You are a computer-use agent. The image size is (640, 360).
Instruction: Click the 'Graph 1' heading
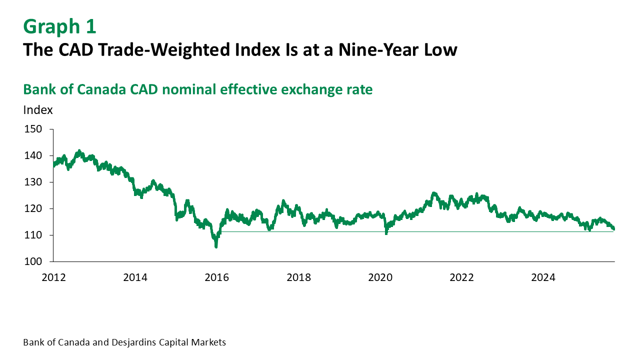(59, 26)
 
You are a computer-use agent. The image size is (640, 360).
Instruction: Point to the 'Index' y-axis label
(38, 110)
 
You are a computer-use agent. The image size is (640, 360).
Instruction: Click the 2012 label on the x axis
(53, 276)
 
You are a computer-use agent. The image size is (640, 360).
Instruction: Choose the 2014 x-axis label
(135, 276)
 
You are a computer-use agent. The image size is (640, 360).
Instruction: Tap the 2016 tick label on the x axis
(216, 276)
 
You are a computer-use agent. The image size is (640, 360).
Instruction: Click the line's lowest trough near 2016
(216, 246)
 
